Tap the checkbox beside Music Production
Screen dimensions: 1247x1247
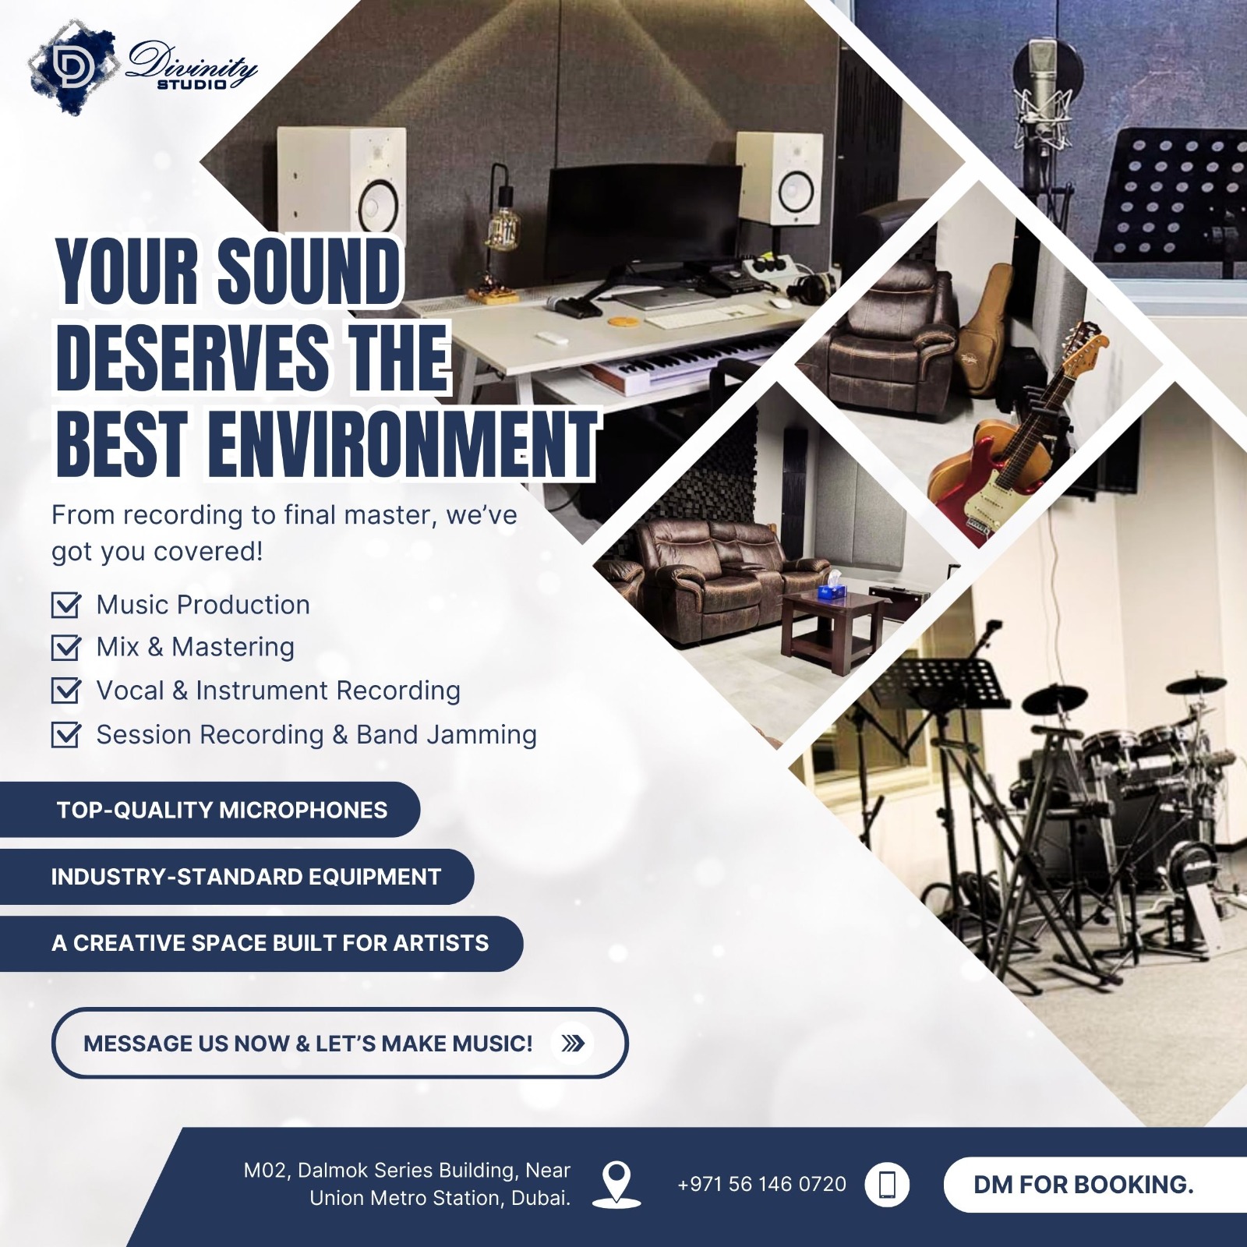(65, 605)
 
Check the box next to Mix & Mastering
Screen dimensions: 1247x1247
(65, 648)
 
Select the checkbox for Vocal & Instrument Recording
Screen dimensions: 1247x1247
(65, 691)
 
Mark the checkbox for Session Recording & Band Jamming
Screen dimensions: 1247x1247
(65, 734)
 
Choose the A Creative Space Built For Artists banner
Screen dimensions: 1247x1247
(261, 943)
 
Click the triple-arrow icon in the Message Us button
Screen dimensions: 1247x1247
(573, 1043)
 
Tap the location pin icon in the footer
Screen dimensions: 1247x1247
(616, 1184)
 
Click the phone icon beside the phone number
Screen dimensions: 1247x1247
(888, 1185)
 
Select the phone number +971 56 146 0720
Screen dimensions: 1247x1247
(761, 1185)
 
